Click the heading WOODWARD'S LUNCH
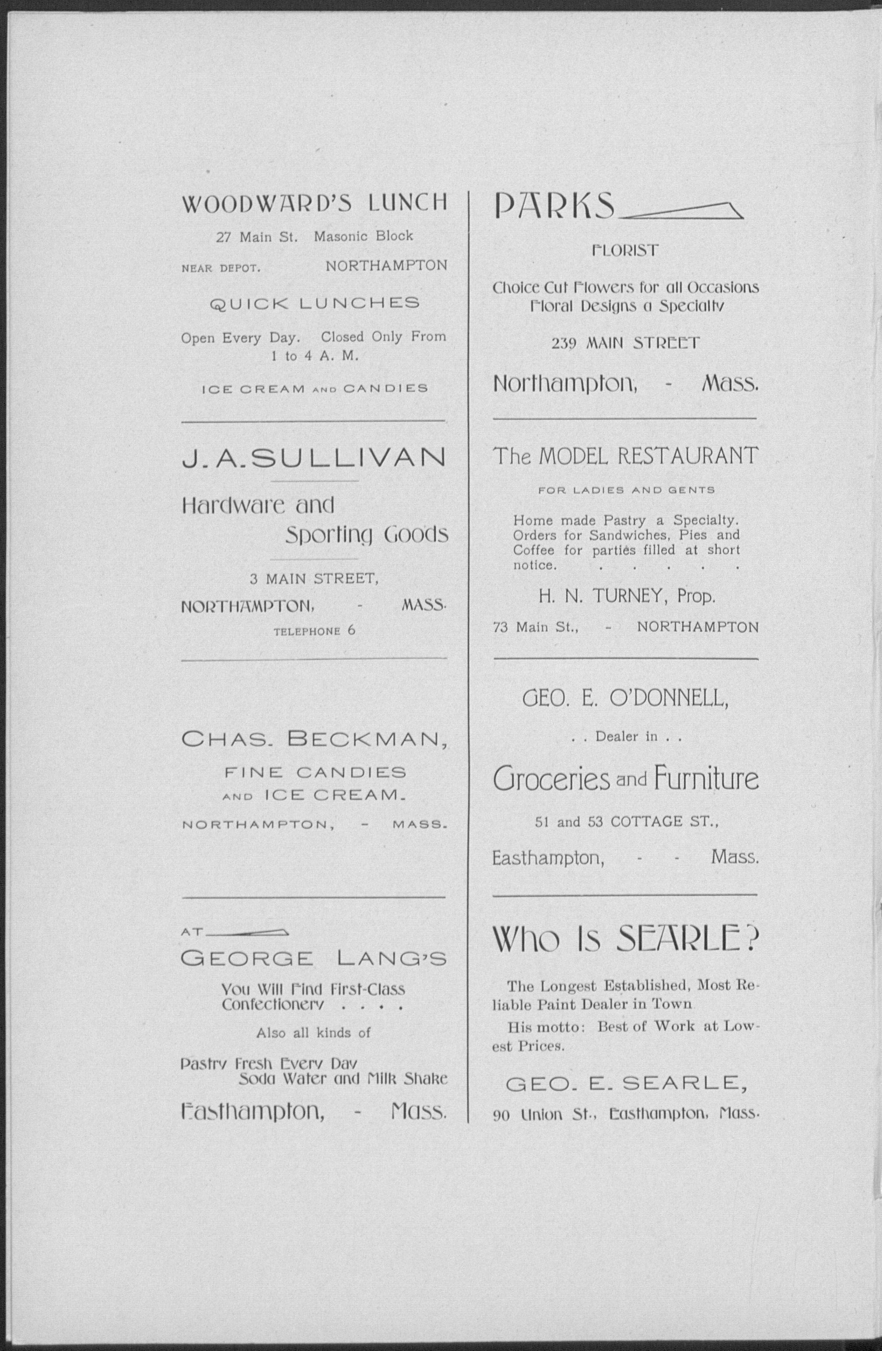314,203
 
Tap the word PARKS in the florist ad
554,205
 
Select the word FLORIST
625,250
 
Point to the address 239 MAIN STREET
625,343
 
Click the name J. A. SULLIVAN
314,457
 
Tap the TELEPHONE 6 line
314,631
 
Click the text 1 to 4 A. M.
314,356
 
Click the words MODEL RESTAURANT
648,456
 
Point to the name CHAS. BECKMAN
314,739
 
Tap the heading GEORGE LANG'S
314,959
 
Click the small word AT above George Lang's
192,932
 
